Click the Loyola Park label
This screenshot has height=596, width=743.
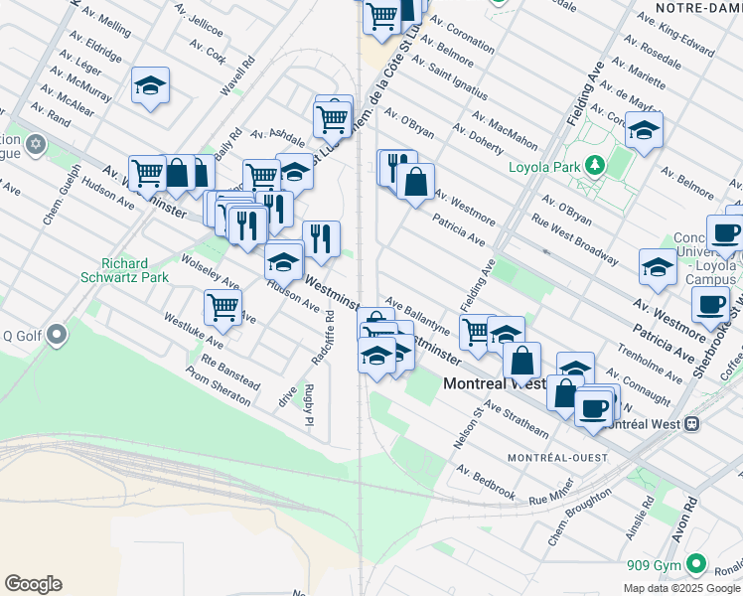(x=543, y=167)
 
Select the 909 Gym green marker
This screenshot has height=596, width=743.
(x=695, y=565)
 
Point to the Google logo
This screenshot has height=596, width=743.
(x=33, y=584)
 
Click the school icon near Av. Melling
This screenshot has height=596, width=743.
(x=150, y=86)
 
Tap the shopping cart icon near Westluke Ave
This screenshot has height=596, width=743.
(x=223, y=307)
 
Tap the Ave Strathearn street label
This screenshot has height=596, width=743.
(x=516, y=419)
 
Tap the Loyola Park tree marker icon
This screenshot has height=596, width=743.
(x=596, y=166)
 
